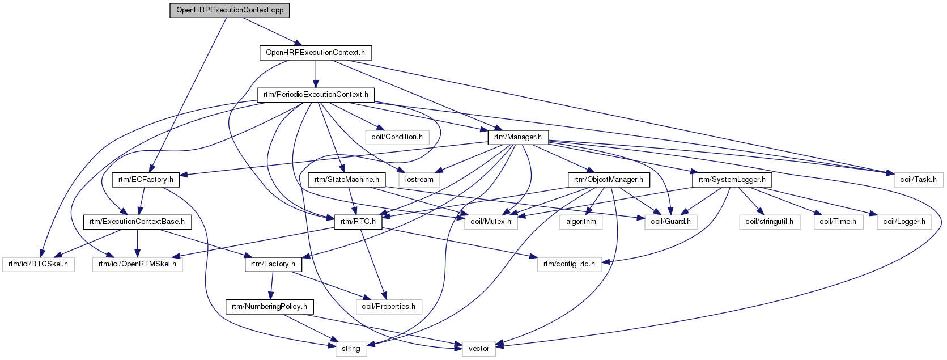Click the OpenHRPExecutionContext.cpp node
click(x=230, y=10)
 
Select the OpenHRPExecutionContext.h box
click(x=316, y=53)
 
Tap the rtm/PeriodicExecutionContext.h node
click(x=316, y=95)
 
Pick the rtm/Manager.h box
click(x=518, y=137)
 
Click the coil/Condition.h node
click(x=397, y=137)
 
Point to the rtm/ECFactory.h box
click(x=146, y=180)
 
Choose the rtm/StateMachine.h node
click(x=346, y=180)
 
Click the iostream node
click(x=419, y=180)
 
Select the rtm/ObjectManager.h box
click(x=609, y=180)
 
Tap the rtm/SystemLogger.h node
click(x=732, y=180)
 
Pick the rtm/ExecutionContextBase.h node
click(x=137, y=222)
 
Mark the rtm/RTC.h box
click(x=358, y=222)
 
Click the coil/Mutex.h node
click(x=491, y=222)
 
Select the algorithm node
click(x=581, y=222)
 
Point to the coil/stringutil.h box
click(x=770, y=222)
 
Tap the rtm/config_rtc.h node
click(x=570, y=264)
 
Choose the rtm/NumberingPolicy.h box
click(x=269, y=307)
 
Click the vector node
click(x=478, y=349)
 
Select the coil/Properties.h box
click(x=389, y=307)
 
